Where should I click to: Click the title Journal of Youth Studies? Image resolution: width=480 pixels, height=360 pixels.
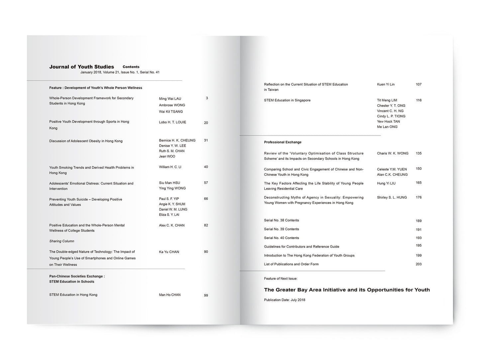click(81, 67)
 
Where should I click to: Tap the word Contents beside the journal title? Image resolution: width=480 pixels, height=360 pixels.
click(131, 67)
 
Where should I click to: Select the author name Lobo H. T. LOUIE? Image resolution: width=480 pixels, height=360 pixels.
click(172, 122)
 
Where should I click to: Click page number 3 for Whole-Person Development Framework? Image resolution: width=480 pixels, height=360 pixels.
click(207, 98)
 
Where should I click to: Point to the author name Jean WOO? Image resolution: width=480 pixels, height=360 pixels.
click(167, 156)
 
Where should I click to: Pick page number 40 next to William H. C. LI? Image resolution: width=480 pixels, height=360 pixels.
click(206, 167)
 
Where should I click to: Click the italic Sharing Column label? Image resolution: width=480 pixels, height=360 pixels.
click(62, 241)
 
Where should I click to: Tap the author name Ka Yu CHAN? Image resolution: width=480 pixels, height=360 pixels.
click(169, 252)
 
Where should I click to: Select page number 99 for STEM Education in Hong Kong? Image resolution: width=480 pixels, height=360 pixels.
click(206, 295)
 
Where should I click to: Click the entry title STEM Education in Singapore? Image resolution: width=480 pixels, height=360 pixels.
click(287, 100)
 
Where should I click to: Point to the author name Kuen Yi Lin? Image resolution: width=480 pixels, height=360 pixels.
click(386, 84)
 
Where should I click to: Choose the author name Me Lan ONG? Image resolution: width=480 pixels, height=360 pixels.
click(387, 127)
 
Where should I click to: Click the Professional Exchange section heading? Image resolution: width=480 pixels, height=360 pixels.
click(283, 142)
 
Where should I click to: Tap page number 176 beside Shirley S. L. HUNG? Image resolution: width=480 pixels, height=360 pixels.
click(419, 197)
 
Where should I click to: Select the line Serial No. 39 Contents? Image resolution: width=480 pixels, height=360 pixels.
click(281, 229)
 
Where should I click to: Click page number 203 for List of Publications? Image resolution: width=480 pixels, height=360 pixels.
click(419, 264)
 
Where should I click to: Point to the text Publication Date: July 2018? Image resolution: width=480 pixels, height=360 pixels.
click(284, 300)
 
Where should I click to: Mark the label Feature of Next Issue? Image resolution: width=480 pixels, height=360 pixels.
click(281, 279)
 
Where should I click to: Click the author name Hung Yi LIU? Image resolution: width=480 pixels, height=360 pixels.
click(386, 183)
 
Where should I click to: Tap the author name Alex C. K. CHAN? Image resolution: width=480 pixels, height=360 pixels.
click(171, 225)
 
